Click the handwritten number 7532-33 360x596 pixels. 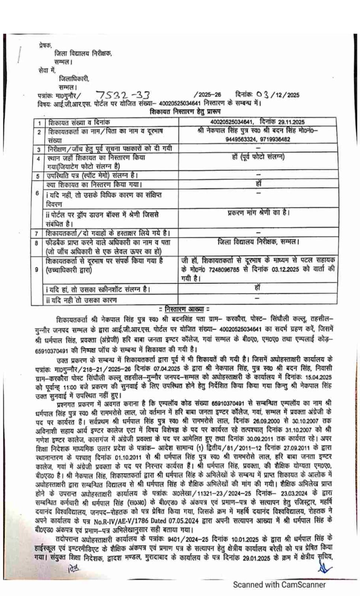pos(117,95)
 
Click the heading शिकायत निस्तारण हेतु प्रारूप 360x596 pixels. pos(186,111)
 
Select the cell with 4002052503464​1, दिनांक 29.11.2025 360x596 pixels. pos(257,122)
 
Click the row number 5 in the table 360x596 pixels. pos(37,176)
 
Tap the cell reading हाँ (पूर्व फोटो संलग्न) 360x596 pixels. pos(258,157)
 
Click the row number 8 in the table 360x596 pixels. pos(37,243)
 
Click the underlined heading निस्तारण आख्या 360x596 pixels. pos(184,309)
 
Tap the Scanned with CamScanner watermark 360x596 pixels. pos(279,584)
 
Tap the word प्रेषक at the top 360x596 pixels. pos(45,45)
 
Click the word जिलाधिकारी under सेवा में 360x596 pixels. pos(74,79)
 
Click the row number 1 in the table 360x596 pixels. pos(38,123)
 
